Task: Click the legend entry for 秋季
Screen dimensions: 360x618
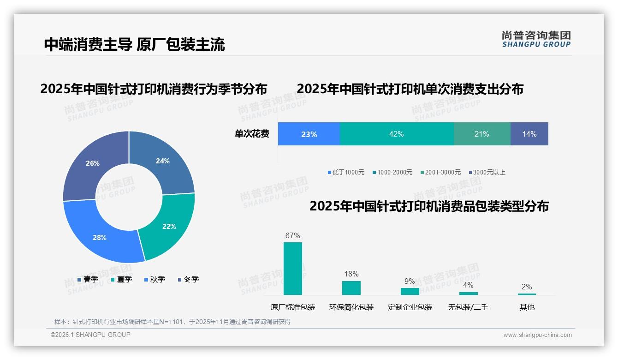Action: pyautogui.click(x=154, y=279)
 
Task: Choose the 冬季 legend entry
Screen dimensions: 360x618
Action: pyautogui.click(x=188, y=279)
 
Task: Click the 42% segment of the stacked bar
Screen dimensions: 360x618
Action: pyautogui.click(x=397, y=134)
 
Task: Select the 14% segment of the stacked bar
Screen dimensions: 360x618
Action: pyautogui.click(x=529, y=134)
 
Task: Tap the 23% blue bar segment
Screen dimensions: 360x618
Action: pyautogui.click(x=309, y=134)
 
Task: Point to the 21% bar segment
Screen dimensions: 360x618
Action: pyautogui.click(x=482, y=134)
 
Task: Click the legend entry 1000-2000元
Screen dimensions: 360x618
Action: pyautogui.click(x=392, y=172)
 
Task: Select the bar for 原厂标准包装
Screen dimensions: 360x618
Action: pyautogui.click(x=293, y=268)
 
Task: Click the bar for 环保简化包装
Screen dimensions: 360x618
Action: pyautogui.click(x=351, y=288)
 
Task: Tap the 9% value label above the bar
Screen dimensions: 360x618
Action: pyautogui.click(x=410, y=282)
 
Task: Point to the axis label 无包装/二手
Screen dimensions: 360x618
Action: pyautogui.click(x=468, y=307)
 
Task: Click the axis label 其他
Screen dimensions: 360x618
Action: pyautogui.click(x=527, y=307)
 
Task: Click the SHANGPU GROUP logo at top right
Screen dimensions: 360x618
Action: pyautogui.click(x=536, y=39)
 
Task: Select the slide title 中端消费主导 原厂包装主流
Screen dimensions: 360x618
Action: pyautogui.click(x=134, y=44)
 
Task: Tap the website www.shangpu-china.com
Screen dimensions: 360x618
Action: pyautogui.click(x=537, y=335)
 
